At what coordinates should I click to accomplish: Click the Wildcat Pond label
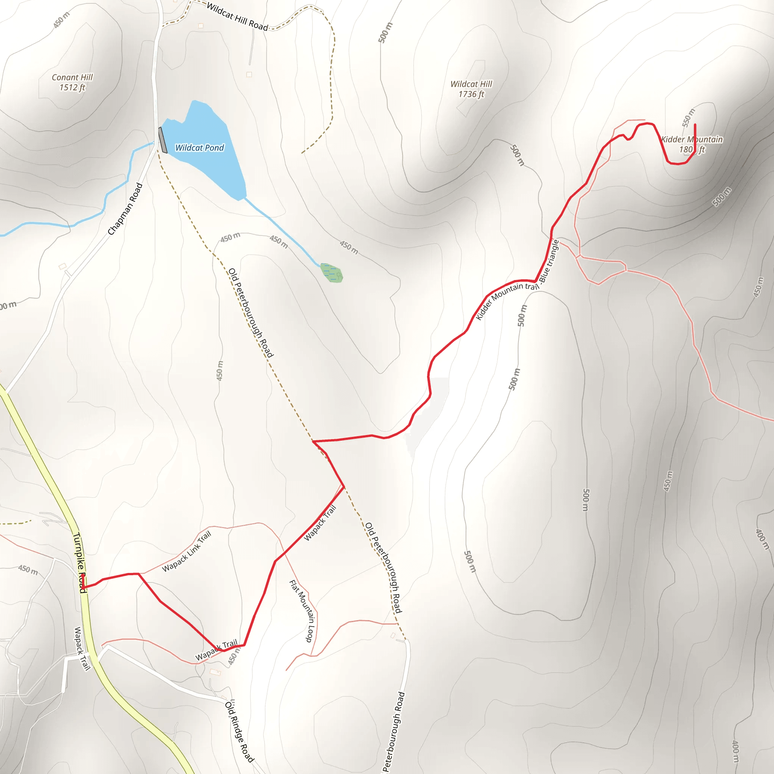[x=200, y=148]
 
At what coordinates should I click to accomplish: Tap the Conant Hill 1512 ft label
[x=72, y=82]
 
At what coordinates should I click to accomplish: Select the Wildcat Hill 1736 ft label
[x=471, y=89]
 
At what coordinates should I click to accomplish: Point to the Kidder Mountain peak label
[x=692, y=144]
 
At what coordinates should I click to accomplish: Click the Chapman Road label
[x=125, y=209]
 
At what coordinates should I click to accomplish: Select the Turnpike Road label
[x=79, y=562]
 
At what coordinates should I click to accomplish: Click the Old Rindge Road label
[x=239, y=731]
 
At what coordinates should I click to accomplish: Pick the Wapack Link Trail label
[x=187, y=551]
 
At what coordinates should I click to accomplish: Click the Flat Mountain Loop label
[x=302, y=611]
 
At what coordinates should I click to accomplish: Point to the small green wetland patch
[x=332, y=273]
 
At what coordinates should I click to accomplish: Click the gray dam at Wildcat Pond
[x=163, y=140]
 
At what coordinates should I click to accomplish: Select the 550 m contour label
[x=689, y=118]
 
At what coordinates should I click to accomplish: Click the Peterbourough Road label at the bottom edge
[x=393, y=731]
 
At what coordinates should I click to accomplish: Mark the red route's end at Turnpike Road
[x=82, y=588]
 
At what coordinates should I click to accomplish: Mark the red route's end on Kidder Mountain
[x=695, y=125]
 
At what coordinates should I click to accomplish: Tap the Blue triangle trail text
[x=549, y=261]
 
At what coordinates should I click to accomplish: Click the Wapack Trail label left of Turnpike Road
[x=82, y=648]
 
